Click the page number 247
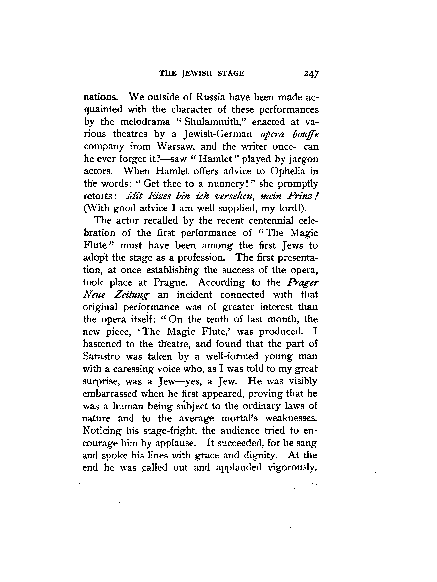311,73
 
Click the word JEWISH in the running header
197,73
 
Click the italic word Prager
303,282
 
